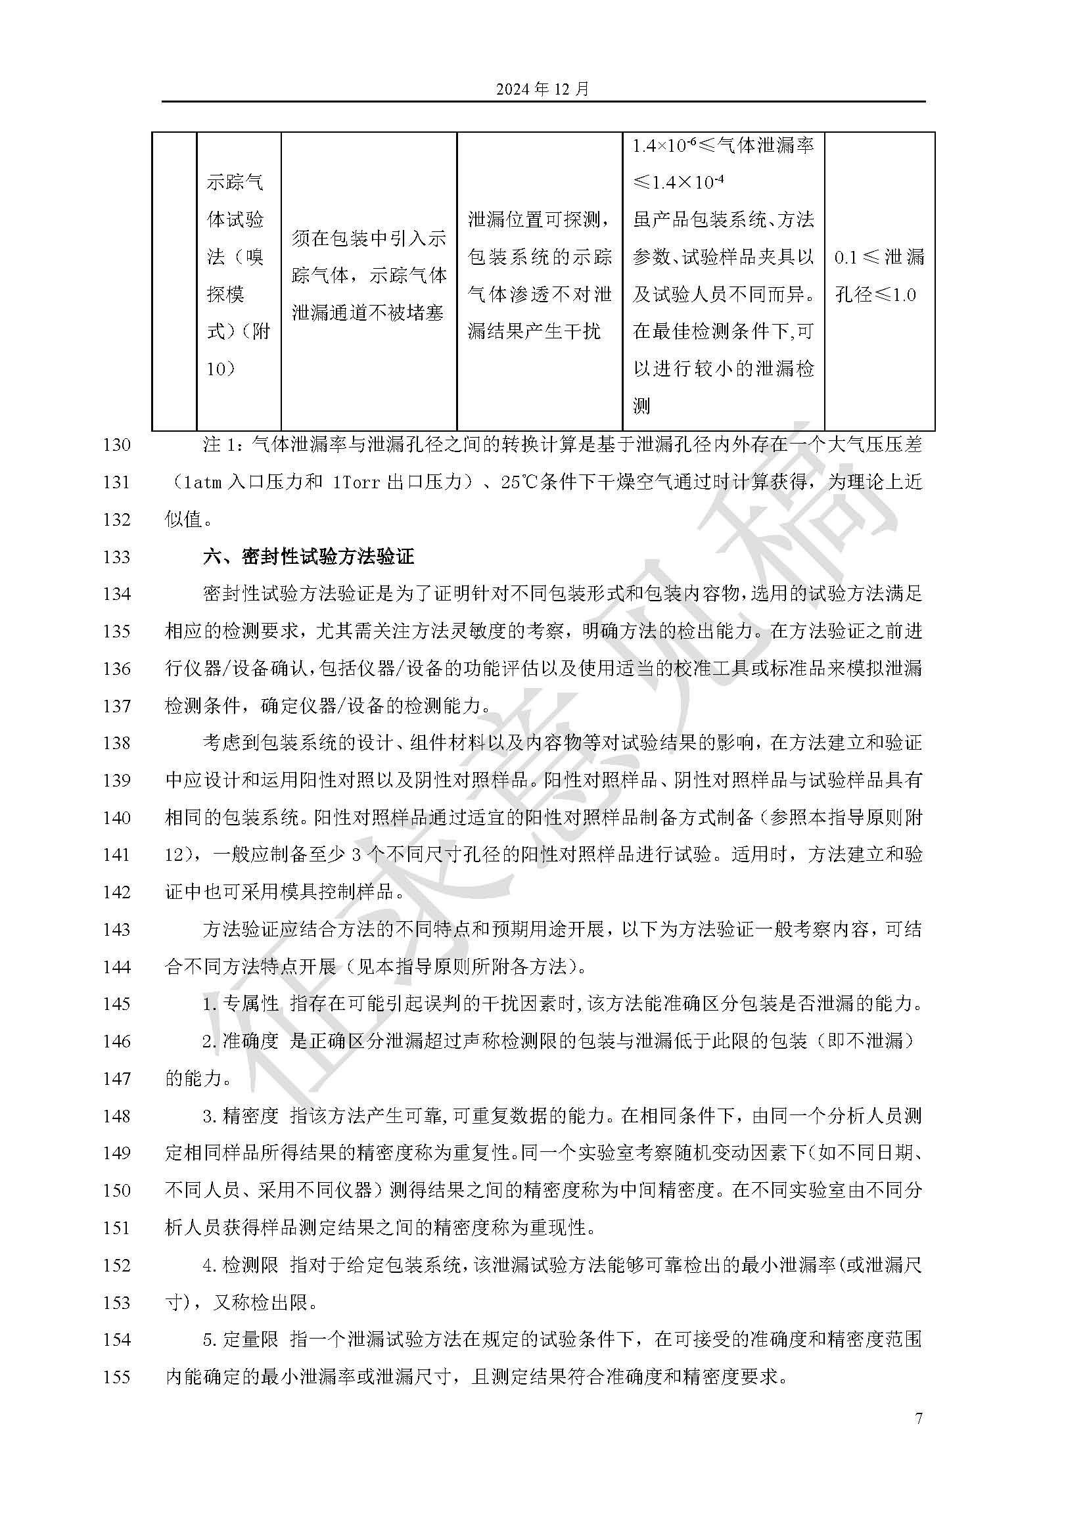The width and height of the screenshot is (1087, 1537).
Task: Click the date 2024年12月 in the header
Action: (543, 89)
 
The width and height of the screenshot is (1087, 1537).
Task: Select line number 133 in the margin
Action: (116, 557)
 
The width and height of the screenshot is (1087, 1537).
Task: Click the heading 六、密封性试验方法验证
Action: (309, 557)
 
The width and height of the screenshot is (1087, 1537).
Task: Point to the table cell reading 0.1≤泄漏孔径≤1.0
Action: (879, 275)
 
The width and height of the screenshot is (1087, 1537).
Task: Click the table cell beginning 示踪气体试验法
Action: (238, 275)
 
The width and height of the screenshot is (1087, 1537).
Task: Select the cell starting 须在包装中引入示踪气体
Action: (369, 275)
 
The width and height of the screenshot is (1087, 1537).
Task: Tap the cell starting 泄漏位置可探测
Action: (540, 275)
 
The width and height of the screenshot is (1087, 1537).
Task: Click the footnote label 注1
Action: (221, 444)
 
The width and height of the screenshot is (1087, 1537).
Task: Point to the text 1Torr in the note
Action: (356, 482)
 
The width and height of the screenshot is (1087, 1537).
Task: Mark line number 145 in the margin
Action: (116, 1003)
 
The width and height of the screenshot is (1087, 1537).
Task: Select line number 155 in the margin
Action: (116, 1377)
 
